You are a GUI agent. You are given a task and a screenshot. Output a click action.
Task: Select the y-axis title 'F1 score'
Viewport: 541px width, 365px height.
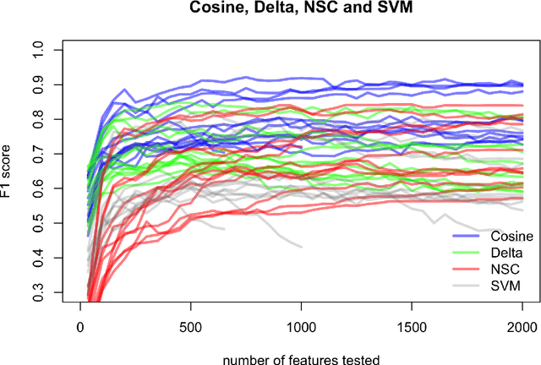(11, 169)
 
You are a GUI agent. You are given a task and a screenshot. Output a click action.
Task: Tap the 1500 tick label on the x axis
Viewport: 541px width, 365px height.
(412, 324)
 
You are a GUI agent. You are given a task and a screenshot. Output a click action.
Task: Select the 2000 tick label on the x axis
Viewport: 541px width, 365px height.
(522, 324)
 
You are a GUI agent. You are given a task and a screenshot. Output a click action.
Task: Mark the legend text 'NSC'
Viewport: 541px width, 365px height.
(485, 270)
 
